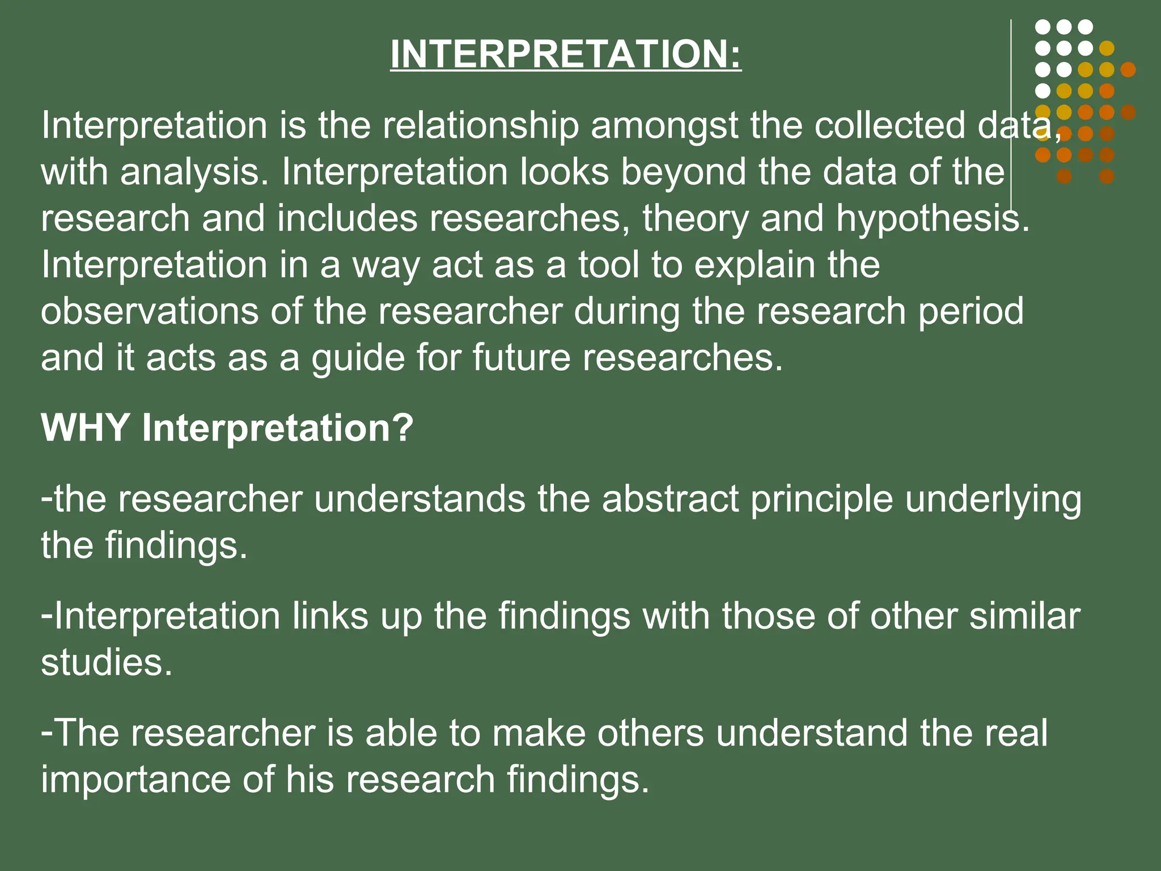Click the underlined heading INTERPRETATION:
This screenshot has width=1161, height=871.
[x=566, y=54]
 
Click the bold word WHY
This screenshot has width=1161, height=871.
[x=85, y=428]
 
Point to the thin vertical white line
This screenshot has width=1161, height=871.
[x=1011, y=113]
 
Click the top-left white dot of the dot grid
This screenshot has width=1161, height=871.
[x=1043, y=27]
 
